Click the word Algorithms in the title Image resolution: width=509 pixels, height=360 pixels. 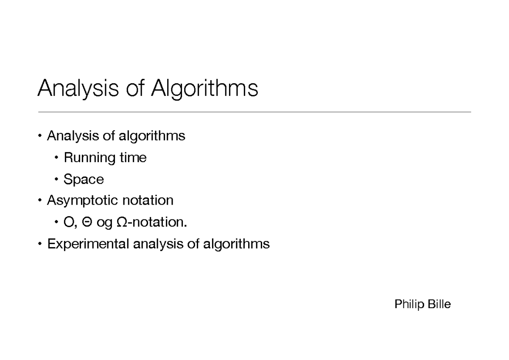coord(205,89)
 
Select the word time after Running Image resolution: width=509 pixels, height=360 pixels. coord(133,157)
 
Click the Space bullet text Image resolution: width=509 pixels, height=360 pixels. coord(84,180)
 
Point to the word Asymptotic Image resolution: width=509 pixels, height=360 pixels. coord(83,200)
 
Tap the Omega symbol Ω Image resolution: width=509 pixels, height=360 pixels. coord(121,222)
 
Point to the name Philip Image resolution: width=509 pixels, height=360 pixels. coord(407,304)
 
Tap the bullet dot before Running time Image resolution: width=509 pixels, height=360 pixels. coord(56,158)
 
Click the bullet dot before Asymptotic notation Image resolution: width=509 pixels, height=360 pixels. coord(40,200)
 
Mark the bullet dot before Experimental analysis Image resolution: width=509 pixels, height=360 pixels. coord(40,244)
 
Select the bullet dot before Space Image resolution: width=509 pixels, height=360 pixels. coord(56,180)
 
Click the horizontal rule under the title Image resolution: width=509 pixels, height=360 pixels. coord(255,112)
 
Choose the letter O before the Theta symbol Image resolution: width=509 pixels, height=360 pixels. coord(68,222)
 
